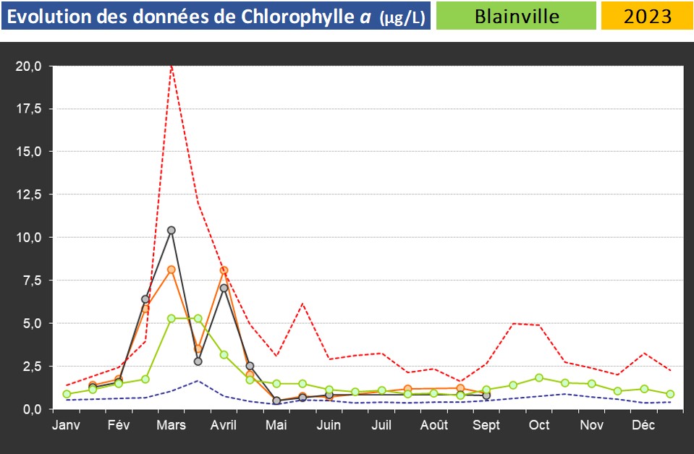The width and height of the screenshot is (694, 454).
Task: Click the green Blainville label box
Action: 516,16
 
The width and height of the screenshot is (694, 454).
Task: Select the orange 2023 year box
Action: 646,16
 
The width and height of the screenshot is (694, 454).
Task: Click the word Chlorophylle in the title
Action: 278,16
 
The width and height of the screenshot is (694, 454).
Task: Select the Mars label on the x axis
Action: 171,425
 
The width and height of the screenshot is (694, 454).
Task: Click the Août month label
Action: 434,425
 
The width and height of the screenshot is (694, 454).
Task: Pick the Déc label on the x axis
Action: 644,425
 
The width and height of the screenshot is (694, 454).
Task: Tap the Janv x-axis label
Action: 66,425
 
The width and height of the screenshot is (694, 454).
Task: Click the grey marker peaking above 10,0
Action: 172,231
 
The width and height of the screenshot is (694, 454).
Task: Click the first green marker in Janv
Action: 67,394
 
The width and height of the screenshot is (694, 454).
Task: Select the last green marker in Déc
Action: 670,394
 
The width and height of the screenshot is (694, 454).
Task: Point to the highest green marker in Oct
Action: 539,377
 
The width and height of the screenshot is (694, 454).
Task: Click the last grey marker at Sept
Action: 486,395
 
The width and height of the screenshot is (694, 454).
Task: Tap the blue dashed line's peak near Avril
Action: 198,380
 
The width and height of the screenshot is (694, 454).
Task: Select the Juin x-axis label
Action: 329,425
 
